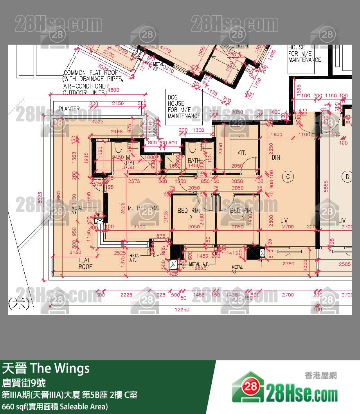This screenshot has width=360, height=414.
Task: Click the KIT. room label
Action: (x=241, y=153)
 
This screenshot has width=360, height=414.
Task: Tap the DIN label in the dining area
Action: (x=276, y=157)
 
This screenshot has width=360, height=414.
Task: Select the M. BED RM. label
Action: (x=143, y=208)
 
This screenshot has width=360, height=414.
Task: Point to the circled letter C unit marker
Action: (x=288, y=177)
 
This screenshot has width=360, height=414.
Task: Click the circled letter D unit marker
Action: (x=347, y=177)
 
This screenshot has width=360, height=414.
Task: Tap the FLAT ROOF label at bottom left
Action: (x=85, y=263)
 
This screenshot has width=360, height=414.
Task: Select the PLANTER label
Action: (x=69, y=109)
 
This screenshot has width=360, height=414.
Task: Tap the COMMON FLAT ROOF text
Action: (x=90, y=73)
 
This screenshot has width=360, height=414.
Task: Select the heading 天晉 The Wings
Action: (x=46, y=368)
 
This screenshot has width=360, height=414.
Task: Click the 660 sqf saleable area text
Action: (x=55, y=406)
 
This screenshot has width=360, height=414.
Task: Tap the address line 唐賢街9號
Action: (x=24, y=382)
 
